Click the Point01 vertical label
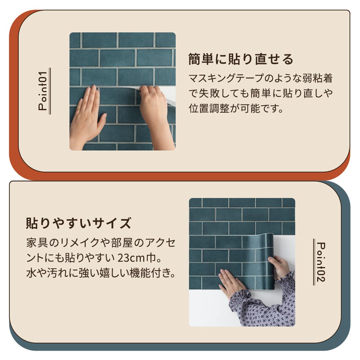tap(44, 91)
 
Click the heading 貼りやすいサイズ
tap(78, 223)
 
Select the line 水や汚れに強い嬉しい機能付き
tap(101, 274)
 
